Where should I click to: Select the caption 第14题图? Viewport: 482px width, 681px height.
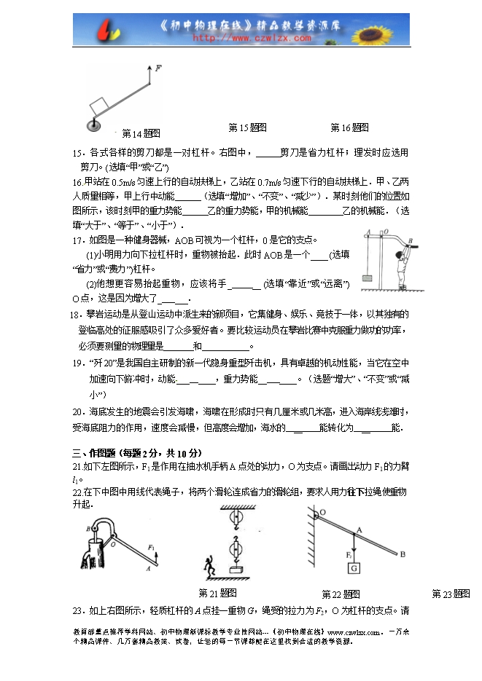coord(141,133)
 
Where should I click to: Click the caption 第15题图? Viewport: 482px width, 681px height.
coord(247,127)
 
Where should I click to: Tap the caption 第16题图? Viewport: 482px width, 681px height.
coord(349,127)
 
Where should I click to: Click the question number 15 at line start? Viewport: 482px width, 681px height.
coord(78,154)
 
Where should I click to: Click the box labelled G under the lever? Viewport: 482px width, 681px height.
coord(354,568)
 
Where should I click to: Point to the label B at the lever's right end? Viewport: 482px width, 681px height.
coord(402,554)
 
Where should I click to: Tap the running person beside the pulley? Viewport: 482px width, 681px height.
coord(209,564)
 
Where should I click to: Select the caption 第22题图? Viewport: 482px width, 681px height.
coord(341,594)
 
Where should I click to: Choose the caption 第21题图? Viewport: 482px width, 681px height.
coord(217,592)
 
